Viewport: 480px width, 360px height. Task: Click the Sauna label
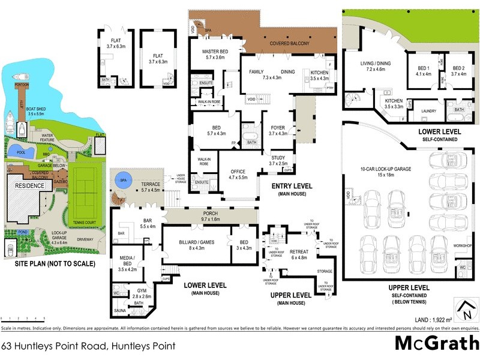[120, 310]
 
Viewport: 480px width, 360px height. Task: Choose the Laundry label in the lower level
[429, 111]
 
